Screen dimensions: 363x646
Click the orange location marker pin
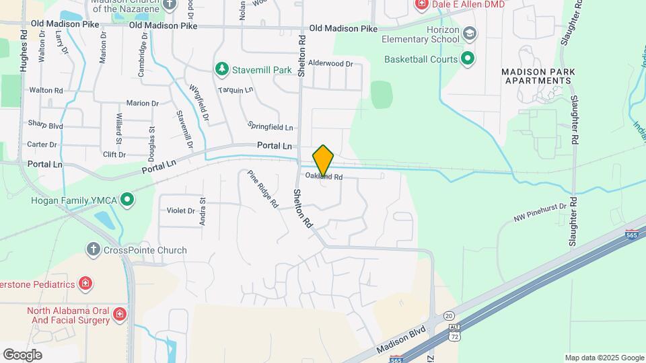point(324,161)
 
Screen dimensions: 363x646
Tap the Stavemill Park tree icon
point(222,69)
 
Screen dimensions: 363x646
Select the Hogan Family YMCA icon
point(127,200)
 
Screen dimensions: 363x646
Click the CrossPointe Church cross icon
point(94,250)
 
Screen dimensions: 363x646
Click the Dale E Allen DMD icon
point(422,4)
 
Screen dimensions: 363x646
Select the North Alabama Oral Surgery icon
point(119,314)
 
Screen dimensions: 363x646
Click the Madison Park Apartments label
point(536,76)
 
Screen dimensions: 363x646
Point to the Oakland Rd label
point(324,177)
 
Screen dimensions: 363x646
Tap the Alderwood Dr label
point(330,64)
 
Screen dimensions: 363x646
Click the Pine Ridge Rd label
point(262,189)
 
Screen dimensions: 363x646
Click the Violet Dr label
point(181,210)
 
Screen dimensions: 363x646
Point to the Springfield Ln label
point(271,126)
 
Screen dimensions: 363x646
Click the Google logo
point(22,354)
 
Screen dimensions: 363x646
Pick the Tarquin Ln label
point(236,89)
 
